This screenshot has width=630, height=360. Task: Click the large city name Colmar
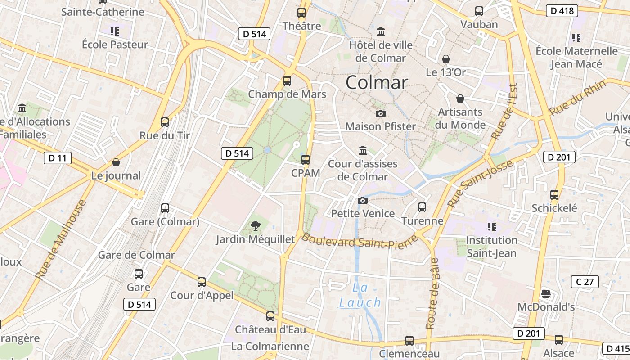pyautogui.click(x=377, y=82)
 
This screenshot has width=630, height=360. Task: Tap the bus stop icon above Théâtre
pyautogui.click(x=301, y=13)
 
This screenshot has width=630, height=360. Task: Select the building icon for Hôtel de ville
pyautogui.click(x=381, y=32)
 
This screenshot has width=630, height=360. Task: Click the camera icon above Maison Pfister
pyautogui.click(x=380, y=113)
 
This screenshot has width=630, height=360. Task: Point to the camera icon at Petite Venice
pyautogui.click(x=362, y=200)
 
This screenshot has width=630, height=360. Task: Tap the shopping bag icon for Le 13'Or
pyautogui.click(x=445, y=59)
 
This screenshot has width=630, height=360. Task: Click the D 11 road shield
pyautogui.click(x=58, y=158)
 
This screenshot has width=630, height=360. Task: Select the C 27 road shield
pyautogui.click(x=585, y=282)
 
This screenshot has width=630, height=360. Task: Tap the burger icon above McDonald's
pyautogui.click(x=546, y=294)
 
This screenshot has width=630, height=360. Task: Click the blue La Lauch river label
pyautogui.click(x=360, y=295)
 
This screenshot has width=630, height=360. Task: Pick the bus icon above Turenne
pyautogui.click(x=422, y=207)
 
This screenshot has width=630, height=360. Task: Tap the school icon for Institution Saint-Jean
pyautogui.click(x=491, y=226)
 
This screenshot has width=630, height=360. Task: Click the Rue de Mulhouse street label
pyautogui.click(x=60, y=239)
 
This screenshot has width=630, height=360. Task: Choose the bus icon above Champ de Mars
pyautogui.click(x=287, y=81)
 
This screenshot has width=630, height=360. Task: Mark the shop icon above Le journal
pyautogui.click(x=116, y=162)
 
